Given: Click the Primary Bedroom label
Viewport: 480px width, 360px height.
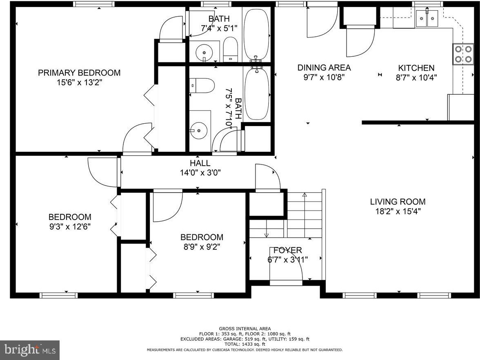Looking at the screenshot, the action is pos(79,73).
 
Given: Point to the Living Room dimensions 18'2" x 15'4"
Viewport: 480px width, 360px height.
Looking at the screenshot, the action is pos(398,211).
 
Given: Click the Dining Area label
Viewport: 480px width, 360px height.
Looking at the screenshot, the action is pos(324,67).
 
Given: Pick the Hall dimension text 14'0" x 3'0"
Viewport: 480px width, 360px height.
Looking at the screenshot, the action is pos(200,173).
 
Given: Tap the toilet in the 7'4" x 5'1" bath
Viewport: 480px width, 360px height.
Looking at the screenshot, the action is pos(230,50).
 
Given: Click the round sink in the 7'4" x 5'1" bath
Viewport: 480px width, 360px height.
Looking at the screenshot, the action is pos(204,53).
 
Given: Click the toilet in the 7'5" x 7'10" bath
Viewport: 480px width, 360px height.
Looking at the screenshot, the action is pos(202,86).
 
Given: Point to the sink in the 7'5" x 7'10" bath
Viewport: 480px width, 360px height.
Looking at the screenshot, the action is pos(199,131).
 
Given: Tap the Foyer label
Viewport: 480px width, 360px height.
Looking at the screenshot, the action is pos(287,250).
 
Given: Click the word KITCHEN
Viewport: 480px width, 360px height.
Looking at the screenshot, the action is pos(416,68).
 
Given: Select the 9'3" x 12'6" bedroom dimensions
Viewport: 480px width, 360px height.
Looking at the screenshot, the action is pos(70,227).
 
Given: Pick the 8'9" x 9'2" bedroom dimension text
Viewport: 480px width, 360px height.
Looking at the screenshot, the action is pos(202,247).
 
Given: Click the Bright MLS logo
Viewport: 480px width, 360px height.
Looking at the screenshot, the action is pos(30,349).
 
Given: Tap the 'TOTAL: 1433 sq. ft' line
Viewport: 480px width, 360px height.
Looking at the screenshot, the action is pos(244,344).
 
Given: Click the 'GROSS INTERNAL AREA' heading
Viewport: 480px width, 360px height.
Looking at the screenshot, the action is pos(244,329).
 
